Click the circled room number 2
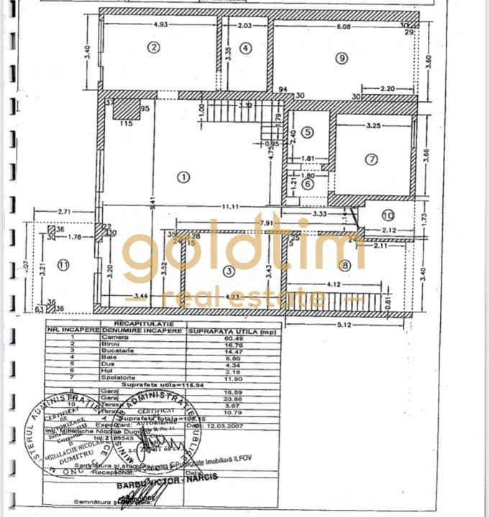click(x=152, y=48)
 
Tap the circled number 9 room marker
click(x=341, y=58)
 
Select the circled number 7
click(x=371, y=159)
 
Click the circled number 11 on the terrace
click(x=63, y=265)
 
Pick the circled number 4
click(x=246, y=48)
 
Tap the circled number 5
click(x=307, y=132)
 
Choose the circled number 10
click(x=388, y=215)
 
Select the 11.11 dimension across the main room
click(x=230, y=207)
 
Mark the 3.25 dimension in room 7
click(x=373, y=126)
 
